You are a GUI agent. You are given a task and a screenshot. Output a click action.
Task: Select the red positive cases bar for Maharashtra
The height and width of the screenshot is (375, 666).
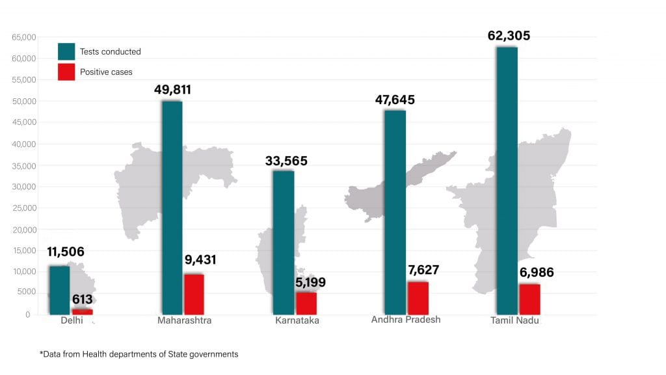(194, 294)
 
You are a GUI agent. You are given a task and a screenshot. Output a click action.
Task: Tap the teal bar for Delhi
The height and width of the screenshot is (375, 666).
(59, 290)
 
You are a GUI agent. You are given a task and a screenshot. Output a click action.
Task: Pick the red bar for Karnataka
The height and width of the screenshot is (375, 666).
(306, 303)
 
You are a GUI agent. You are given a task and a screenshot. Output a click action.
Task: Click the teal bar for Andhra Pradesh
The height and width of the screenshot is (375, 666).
(395, 212)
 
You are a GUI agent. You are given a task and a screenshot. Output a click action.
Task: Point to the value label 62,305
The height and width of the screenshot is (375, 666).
(509, 36)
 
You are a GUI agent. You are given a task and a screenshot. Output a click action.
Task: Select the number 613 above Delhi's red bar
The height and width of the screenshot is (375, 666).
(83, 300)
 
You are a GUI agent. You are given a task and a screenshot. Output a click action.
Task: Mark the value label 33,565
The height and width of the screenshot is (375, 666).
(286, 161)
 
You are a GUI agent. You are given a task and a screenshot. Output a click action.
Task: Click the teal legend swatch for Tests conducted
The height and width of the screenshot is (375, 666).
(66, 51)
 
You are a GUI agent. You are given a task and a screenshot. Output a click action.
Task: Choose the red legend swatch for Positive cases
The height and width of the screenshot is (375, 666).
(66, 72)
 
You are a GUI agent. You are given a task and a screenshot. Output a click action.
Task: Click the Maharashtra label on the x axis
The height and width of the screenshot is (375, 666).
(184, 321)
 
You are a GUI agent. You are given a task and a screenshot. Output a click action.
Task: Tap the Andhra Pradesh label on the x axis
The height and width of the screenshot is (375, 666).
(406, 320)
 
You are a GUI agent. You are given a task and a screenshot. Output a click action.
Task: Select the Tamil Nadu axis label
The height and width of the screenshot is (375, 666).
(515, 321)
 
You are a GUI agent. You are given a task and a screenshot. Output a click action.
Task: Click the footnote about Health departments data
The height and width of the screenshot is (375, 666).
(139, 354)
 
